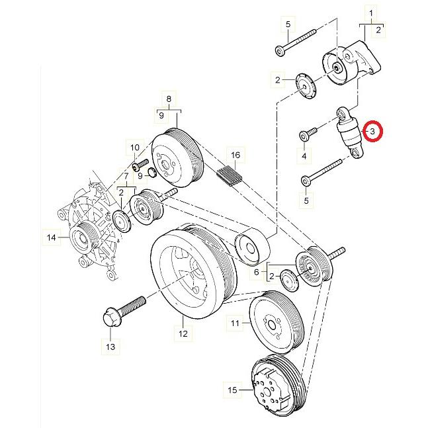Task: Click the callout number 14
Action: [50, 235]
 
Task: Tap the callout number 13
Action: [110, 346]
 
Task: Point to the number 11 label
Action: [235, 323]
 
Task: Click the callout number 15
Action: [232, 391]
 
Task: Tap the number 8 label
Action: [169, 99]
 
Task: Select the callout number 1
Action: [371, 13]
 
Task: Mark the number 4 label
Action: [304, 156]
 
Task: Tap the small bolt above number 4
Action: [305, 134]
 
